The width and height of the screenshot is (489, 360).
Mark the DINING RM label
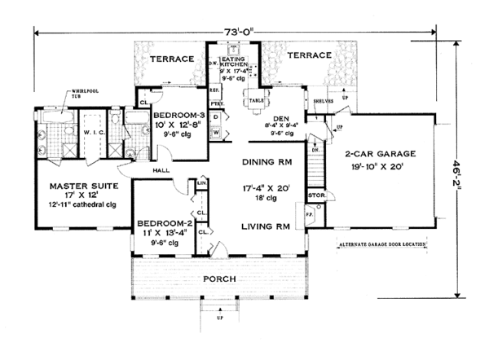263,162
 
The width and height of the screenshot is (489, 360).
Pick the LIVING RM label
263,226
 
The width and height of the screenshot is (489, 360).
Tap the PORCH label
221,279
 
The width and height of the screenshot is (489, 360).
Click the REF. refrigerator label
215,90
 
